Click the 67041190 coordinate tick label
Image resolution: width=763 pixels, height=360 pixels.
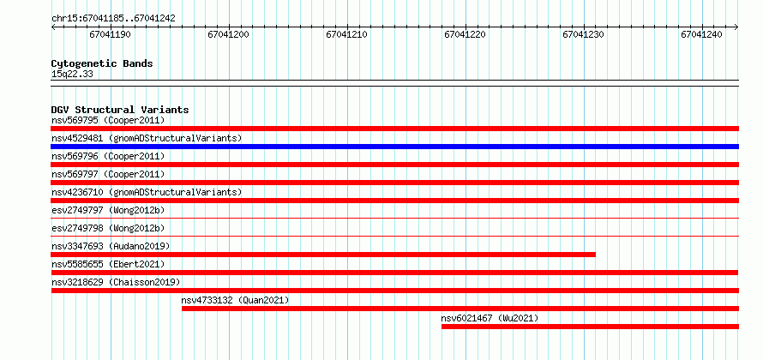point(110,34)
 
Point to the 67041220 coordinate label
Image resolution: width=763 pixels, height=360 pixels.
point(465,34)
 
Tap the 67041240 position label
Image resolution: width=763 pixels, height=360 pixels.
point(701,34)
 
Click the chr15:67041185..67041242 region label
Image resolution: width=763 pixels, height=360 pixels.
point(113,19)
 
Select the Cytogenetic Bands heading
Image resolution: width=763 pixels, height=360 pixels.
point(102,63)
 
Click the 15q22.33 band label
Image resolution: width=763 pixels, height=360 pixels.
point(72,75)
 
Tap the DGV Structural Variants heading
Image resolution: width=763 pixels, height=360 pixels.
point(120,110)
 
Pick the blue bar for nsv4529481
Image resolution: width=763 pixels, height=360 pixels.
point(394,147)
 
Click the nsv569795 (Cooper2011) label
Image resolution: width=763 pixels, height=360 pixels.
point(108,120)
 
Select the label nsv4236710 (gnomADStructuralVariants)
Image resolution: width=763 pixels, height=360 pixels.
point(147,192)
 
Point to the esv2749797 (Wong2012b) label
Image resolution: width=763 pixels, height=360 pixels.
point(108,210)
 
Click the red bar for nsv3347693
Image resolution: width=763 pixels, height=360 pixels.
point(323,255)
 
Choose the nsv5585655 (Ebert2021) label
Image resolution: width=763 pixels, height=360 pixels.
point(108,264)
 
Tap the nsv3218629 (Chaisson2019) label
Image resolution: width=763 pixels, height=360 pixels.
point(116,282)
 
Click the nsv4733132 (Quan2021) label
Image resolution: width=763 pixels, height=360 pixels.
point(235,300)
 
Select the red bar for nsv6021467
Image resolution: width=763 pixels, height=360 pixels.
point(591,327)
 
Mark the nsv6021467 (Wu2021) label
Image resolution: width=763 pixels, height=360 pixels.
point(490,318)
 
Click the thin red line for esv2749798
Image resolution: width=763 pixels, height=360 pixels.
point(394,236)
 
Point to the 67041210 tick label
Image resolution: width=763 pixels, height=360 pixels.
point(346,34)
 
